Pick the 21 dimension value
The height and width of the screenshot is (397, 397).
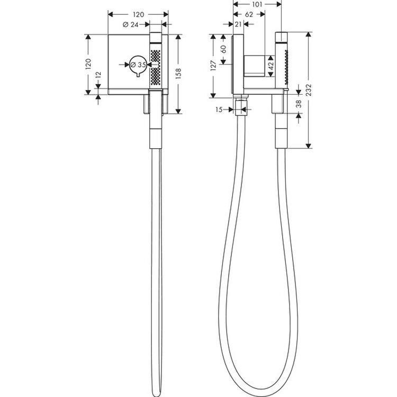(238, 23)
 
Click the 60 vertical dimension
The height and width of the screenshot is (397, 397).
(224, 50)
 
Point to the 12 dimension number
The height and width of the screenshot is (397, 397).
(97, 79)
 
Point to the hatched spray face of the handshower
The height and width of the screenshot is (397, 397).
(155, 66)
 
